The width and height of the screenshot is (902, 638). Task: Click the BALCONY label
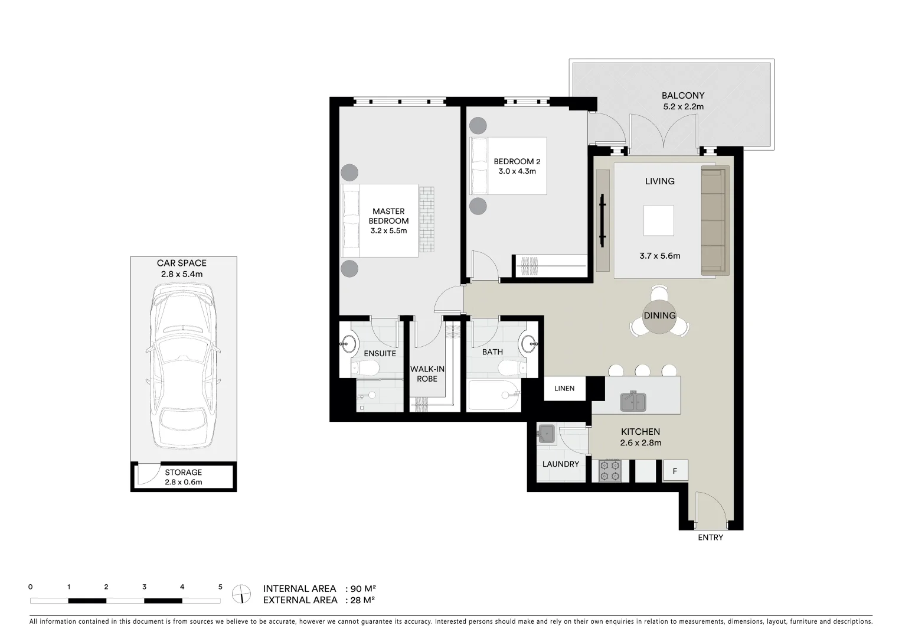coord(682,95)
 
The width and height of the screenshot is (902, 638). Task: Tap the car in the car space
coord(183,366)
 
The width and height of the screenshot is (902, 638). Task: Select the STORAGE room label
coord(183,472)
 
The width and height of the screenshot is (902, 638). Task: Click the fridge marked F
coord(675,471)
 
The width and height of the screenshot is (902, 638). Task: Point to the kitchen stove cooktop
coord(610,471)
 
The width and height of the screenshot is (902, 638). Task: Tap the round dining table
coord(659,315)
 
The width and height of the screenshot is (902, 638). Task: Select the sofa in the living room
coord(715,220)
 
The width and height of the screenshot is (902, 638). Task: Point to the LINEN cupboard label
coord(564,389)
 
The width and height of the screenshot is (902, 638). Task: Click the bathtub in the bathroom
coord(493,396)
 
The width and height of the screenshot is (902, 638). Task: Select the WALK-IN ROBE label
coord(427,374)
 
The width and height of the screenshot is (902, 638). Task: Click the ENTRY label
coord(710,538)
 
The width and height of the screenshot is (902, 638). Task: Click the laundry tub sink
coord(546,434)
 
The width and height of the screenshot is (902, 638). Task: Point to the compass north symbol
coord(241,593)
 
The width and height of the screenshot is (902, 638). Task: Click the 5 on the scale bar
coord(220,587)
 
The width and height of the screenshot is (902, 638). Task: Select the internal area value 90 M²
coord(362,588)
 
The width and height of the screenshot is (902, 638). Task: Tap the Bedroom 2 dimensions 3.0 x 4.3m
coord(517,171)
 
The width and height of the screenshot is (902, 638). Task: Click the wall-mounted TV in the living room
coord(602,220)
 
